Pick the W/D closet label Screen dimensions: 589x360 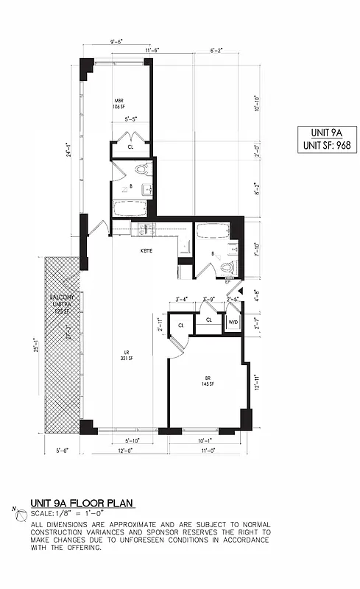click(x=233, y=322)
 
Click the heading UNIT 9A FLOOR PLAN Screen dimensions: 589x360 click(x=82, y=504)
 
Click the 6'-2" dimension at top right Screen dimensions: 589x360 click(x=217, y=51)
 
